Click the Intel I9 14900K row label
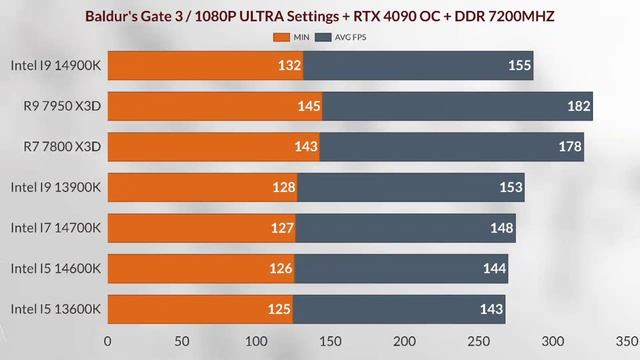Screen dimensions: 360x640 (x=56, y=65)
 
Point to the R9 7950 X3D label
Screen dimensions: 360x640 (x=62, y=106)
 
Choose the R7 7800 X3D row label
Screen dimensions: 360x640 (x=62, y=147)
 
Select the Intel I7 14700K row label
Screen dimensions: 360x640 (x=56, y=228)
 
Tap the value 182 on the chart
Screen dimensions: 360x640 (x=577, y=106)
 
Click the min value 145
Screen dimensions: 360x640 (x=308, y=106)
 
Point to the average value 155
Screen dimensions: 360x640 (x=518, y=65)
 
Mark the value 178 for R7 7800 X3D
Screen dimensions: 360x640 (x=569, y=147)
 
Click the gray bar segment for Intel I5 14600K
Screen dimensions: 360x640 (x=400, y=268)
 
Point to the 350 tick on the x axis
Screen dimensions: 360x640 (x=627, y=340)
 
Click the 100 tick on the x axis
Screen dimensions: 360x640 (x=256, y=340)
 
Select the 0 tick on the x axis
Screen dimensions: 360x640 (x=108, y=340)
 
